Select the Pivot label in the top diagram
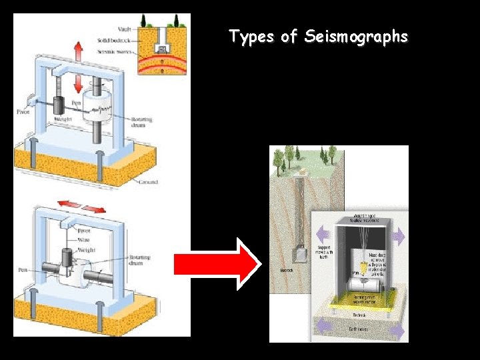pyautogui.click(x=23, y=111)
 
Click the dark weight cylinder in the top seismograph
pyautogui.click(x=57, y=105)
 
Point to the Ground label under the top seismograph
pyautogui.click(x=149, y=181)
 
